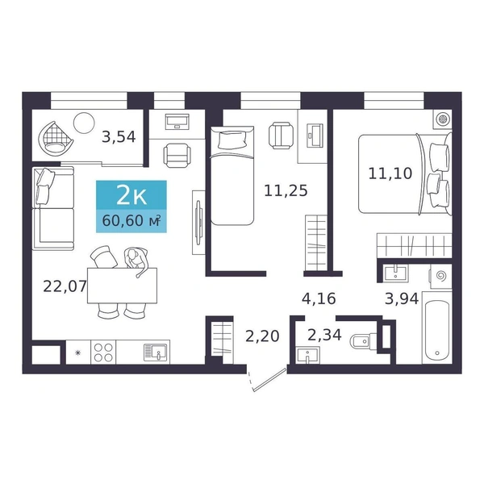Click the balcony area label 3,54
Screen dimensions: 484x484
pos(119,137)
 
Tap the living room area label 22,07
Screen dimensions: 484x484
pos(65,286)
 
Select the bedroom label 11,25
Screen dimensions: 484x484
pos(286,190)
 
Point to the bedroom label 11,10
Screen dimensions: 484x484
pos(390,173)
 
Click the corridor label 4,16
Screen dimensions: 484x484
pos(319,298)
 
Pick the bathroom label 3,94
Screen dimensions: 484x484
pos(402,298)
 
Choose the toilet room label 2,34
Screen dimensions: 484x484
pos(325,335)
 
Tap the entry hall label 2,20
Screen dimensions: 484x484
pos(262,336)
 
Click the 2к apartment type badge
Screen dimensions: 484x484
pos(131,195)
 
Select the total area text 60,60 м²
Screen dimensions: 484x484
pos(131,221)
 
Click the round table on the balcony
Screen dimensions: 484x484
pos(84,123)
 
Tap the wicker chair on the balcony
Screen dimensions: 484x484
pos(56,138)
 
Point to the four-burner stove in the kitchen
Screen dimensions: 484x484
pos(103,353)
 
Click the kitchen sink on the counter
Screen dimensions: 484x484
pos(155,353)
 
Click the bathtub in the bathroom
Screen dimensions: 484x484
pos(436,328)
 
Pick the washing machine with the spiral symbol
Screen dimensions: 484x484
pos(440,277)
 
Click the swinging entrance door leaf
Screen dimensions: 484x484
pos(269,380)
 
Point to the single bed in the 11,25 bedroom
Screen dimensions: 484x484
pos(232,175)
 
